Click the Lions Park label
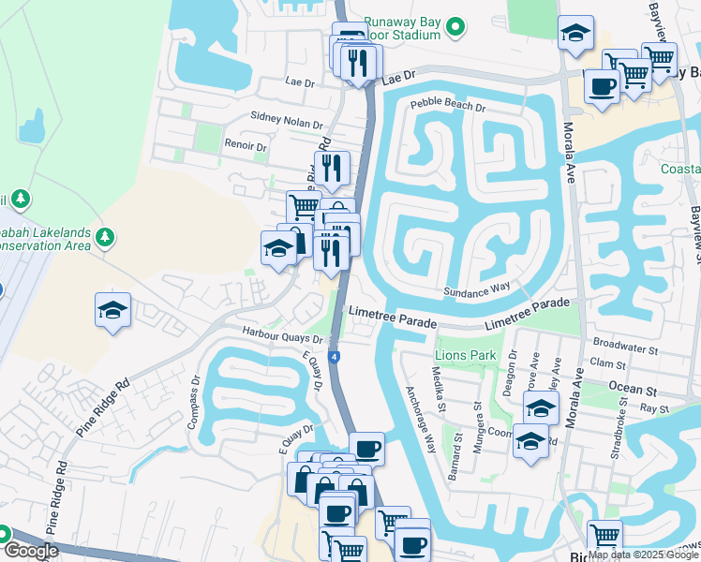pos(465,356)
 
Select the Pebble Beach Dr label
pos(448,108)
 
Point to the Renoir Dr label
pos(246,146)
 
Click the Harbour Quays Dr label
pos(282,333)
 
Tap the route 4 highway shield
pos(336,357)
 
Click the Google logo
pos(32,551)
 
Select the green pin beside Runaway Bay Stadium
pos(455,26)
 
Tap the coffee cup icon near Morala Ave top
pos(601,87)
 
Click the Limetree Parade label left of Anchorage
pos(393,316)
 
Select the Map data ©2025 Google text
pos(643,555)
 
